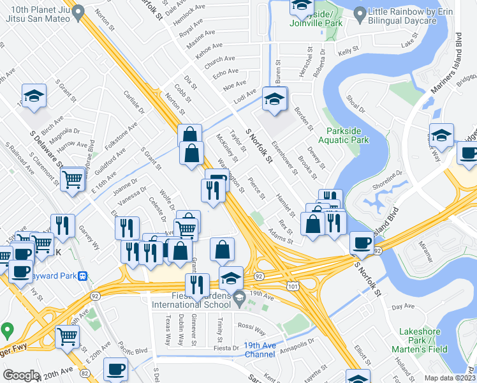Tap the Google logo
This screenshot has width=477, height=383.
[21, 375]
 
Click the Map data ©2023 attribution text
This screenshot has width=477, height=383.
[450, 378]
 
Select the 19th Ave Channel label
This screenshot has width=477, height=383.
[260, 350]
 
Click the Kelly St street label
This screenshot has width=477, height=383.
[348, 51]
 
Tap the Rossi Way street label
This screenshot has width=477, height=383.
[251, 332]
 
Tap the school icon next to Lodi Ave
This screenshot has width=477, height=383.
[275, 100]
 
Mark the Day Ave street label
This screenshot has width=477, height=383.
[403, 306]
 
